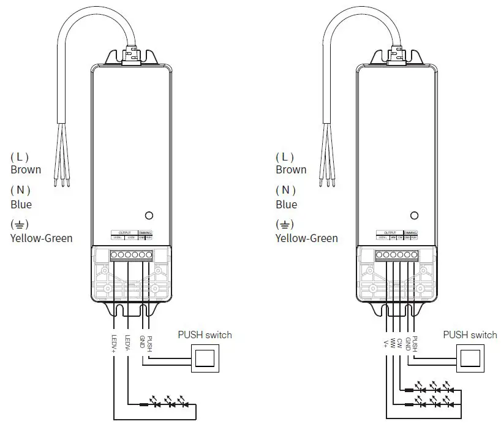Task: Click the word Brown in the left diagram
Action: pyautogui.click(x=26, y=170)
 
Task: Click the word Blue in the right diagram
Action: pyautogui.click(x=286, y=205)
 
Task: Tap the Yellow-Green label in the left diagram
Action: pyautogui.click(x=41, y=238)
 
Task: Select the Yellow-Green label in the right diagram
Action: pyautogui.click(x=306, y=238)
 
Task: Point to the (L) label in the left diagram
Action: pyautogui.click(x=20, y=157)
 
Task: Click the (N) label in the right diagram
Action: pyautogui.click(x=285, y=191)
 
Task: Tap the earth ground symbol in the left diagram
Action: pyautogui.click(x=20, y=224)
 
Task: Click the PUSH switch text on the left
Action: pyautogui.click(x=205, y=335)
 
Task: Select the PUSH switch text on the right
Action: pyautogui.click(x=470, y=335)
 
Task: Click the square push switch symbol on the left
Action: pyautogui.click(x=205, y=358)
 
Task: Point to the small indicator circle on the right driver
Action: pyautogui.click(x=414, y=216)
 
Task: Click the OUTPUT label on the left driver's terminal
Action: pyautogui.click(x=124, y=233)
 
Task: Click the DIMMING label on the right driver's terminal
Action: pyautogui.click(x=410, y=233)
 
